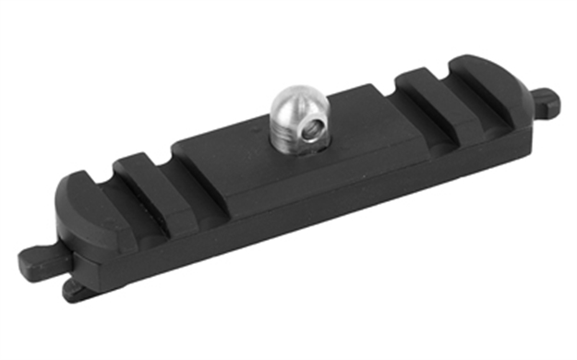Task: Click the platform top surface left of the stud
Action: (231, 157)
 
